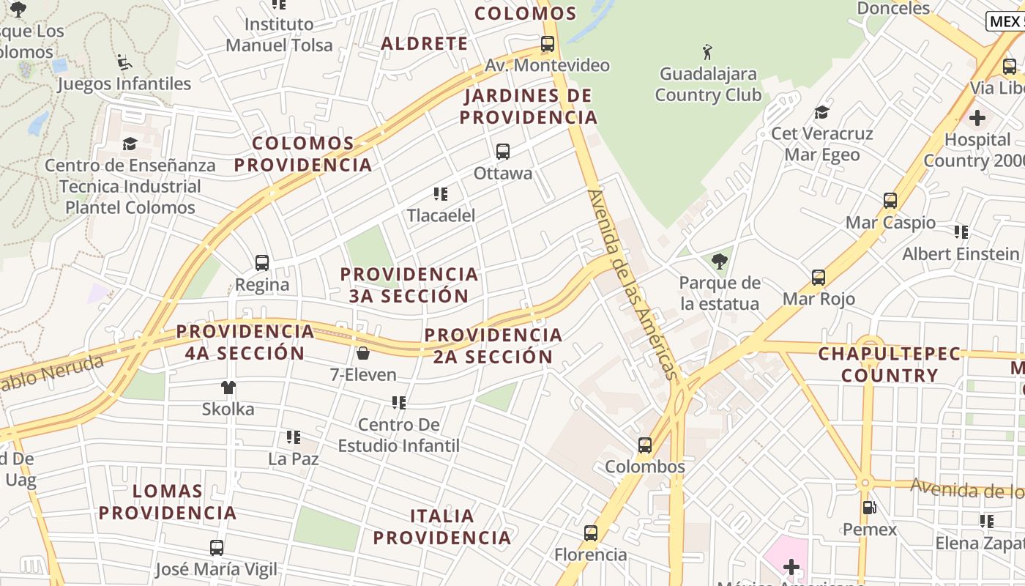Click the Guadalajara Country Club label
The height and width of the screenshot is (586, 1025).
pyautogui.click(x=707, y=84)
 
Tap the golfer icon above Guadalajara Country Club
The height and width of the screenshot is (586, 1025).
pyautogui.click(x=707, y=52)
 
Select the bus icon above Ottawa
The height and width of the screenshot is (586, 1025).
pyautogui.click(x=503, y=152)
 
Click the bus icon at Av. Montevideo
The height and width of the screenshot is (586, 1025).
pyautogui.click(x=547, y=44)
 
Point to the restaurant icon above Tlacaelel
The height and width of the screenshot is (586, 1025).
pyautogui.click(x=440, y=194)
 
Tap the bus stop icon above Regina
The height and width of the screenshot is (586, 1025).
pyautogui.click(x=262, y=263)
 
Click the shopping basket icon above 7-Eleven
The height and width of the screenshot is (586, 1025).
pyautogui.click(x=362, y=354)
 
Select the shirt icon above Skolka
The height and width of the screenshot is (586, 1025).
pyautogui.click(x=228, y=387)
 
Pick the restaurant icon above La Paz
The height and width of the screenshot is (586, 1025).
pyautogui.click(x=294, y=437)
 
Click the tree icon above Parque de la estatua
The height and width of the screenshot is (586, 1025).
pyautogui.click(x=720, y=261)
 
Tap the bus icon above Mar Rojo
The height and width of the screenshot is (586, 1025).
pyautogui.click(x=819, y=278)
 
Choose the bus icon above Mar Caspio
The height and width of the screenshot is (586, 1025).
pyautogui.click(x=890, y=201)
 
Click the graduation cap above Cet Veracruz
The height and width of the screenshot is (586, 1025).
pyautogui.click(x=822, y=113)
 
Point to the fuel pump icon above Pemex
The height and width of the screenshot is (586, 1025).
pyautogui.click(x=869, y=507)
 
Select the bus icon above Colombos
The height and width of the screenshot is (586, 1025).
pyautogui.click(x=645, y=445)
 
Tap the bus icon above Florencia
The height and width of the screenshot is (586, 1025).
pyautogui.click(x=591, y=533)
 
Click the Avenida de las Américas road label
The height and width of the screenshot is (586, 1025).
pyautogui.click(x=631, y=284)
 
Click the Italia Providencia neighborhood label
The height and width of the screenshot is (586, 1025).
pyautogui.click(x=441, y=527)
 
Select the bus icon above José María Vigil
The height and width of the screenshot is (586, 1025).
pyautogui.click(x=216, y=547)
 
